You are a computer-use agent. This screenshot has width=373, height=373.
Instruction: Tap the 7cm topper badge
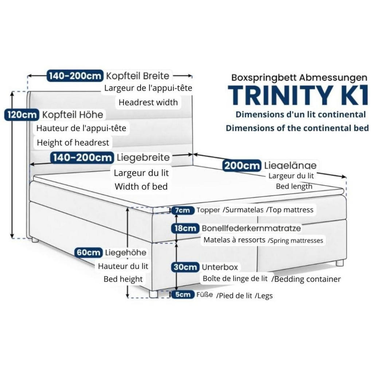pyautogui.click(x=182, y=210)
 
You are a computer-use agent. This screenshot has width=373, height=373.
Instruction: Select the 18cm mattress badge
pyautogui.click(x=185, y=228)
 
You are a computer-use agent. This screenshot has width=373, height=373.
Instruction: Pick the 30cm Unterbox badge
pyautogui.click(x=186, y=267)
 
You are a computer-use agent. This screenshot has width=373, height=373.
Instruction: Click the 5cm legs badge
pyautogui.click(x=182, y=295)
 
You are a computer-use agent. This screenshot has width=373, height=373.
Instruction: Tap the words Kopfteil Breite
pyautogui.click(x=138, y=76)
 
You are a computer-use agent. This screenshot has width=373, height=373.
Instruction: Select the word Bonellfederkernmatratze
pyautogui.click(x=251, y=228)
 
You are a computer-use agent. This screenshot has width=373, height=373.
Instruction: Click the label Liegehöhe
pyautogui.click(x=126, y=252)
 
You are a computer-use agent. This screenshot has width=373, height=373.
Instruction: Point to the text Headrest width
pyautogui.click(x=148, y=102)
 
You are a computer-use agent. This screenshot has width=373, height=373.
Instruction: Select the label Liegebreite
pyautogui.click(x=143, y=157)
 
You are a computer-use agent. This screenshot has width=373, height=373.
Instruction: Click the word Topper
pyautogui.click(x=208, y=210)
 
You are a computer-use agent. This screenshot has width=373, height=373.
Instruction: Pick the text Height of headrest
pyautogui.click(x=73, y=142)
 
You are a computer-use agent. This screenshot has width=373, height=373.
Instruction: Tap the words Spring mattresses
pyautogui.click(x=295, y=240)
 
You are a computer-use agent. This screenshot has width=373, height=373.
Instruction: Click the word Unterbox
pyautogui.click(x=220, y=267)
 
